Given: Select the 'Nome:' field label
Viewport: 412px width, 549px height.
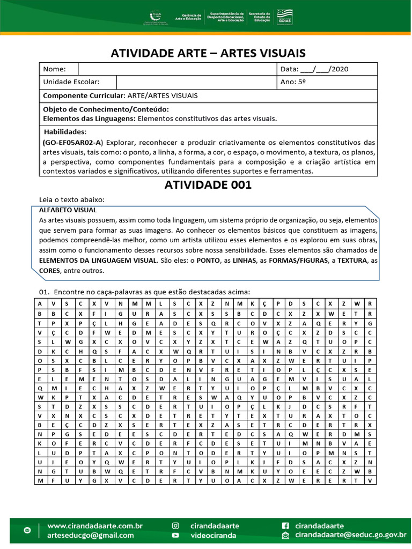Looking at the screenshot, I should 54,69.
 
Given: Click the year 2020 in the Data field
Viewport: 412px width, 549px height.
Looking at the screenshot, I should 340,69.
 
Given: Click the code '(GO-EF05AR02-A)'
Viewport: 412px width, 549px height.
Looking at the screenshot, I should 72,143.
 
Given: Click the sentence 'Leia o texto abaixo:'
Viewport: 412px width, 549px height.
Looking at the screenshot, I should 72,199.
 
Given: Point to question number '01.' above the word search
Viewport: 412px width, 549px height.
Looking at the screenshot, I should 44,292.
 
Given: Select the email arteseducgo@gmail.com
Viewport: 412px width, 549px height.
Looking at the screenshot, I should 91,535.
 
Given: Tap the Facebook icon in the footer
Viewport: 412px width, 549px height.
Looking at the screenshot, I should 285,525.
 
